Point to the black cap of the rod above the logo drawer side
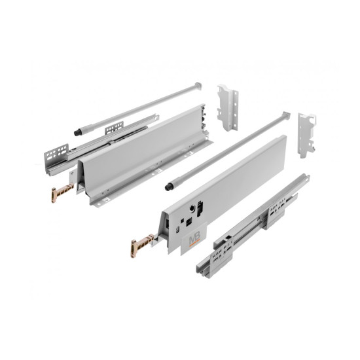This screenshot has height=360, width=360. click(x=170, y=186)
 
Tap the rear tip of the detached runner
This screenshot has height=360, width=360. click(x=305, y=177)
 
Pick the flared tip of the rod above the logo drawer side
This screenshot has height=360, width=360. click(x=285, y=117)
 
